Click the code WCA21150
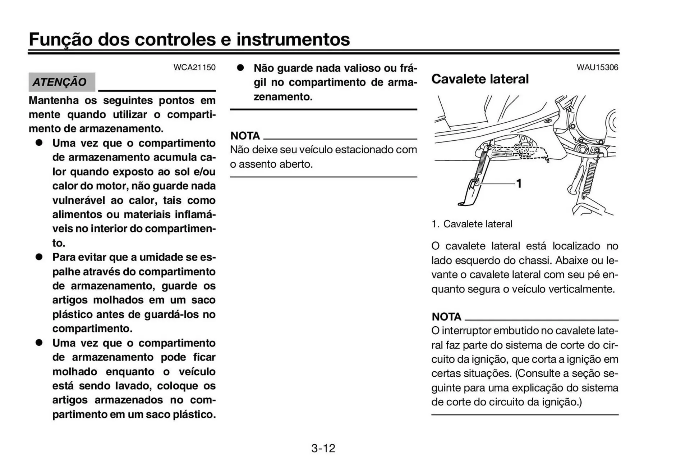194,68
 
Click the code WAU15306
597,68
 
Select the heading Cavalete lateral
480,79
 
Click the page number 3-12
323,448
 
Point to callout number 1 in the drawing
519,183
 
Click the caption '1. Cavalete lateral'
472,224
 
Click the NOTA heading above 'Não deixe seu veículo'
245,136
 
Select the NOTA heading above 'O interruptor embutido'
446,317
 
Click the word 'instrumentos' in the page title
293,39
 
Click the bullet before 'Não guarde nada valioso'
240,68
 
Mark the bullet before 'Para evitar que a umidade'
39,257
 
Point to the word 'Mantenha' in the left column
54,100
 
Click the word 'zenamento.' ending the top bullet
283,97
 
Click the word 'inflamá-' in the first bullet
195,214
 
